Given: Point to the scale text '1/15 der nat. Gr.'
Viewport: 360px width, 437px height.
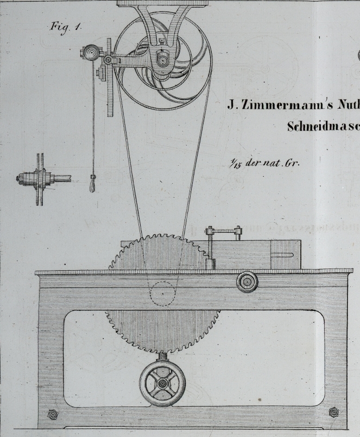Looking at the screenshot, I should (265, 163).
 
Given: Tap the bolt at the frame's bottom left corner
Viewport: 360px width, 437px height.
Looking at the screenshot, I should (53, 415).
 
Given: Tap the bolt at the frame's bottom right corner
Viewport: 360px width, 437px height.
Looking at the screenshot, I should (334, 413).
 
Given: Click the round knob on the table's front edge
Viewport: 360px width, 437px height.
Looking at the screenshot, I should (248, 282).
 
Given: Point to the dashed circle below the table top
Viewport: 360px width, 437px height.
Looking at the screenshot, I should (161, 294).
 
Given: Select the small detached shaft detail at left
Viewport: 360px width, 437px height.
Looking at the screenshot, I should (40, 179).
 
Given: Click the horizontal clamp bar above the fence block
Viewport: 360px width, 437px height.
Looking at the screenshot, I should (223, 230).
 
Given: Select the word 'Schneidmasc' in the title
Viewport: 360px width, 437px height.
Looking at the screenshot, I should (323, 126).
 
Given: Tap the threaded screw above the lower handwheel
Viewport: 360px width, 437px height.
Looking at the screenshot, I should (162, 357).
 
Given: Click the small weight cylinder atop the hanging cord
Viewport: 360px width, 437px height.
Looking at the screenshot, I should (99, 72).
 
